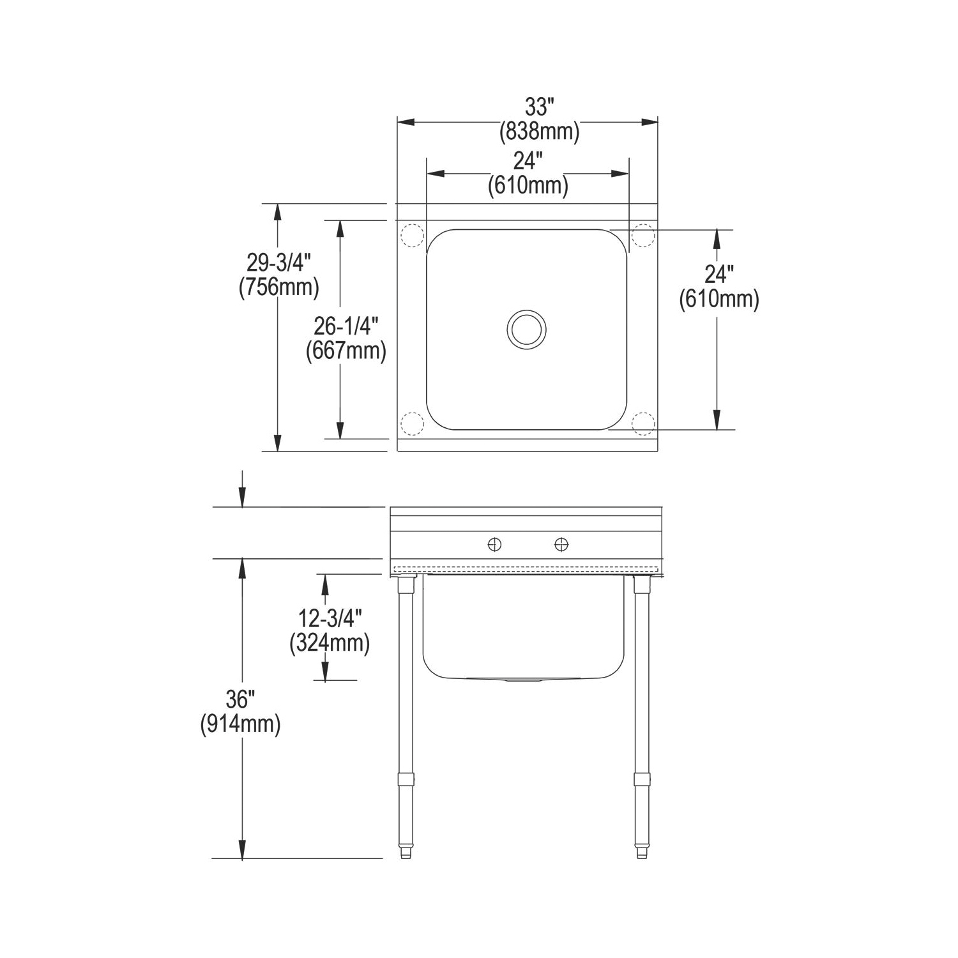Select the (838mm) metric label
pos(540,132)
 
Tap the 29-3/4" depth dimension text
pos(279,262)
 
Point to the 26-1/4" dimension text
pos(346,326)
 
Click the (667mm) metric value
pos(346,351)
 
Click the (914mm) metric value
pos(240,724)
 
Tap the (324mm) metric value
pos(330,642)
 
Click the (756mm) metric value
pos(279,287)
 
